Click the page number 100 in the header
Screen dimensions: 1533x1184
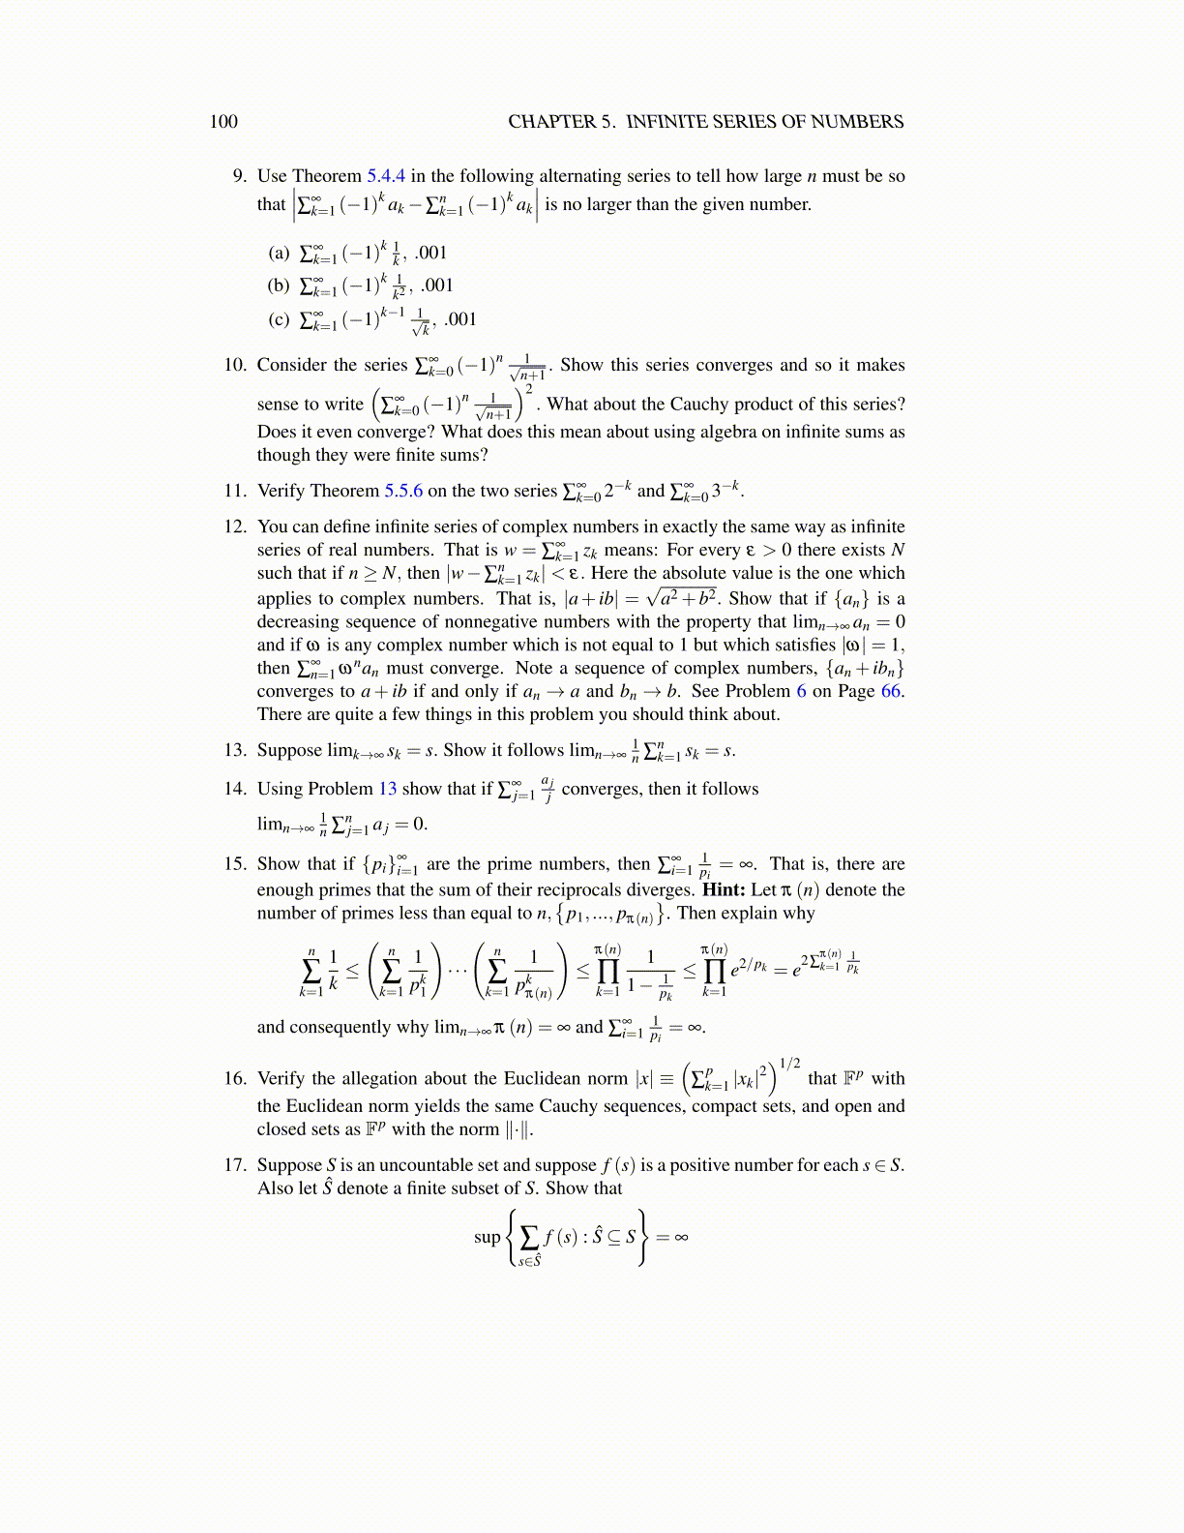[x=223, y=122]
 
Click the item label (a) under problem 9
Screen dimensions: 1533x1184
[x=279, y=254]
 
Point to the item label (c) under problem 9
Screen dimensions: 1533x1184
[x=279, y=319]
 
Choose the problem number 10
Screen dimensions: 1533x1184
[x=235, y=365]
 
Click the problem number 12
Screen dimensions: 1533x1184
[x=235, y=526]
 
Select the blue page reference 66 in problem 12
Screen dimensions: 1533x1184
[x=891, y=691]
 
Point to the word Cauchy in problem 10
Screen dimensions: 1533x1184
[x=706, y=404]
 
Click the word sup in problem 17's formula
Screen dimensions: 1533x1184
[x=488, y=1237]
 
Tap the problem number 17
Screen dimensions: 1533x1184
[x=235, y=1165]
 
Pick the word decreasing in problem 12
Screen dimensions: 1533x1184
[x=297, y=621]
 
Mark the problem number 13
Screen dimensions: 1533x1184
[x=235, y=750]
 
